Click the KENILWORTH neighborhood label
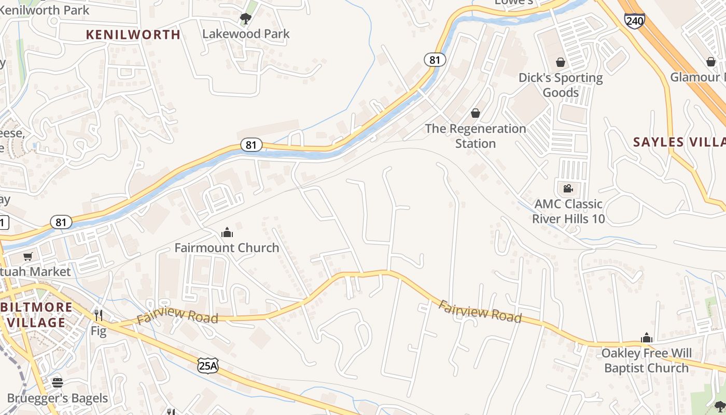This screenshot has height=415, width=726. (x=133, y=35)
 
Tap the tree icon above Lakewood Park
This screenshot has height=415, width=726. (x=246, y=19)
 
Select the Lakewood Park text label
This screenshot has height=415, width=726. (x=246, y=34)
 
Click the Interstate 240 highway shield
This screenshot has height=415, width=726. (x=635, y=21)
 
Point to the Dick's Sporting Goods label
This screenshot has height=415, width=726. (x=561, y=85)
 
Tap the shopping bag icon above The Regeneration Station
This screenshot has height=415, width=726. (x=475, y=113)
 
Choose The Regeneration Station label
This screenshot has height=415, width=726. (x=476, y=136)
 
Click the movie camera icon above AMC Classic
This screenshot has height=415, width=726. (x=568, y=188)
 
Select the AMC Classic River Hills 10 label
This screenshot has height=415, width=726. (x=568, y=211)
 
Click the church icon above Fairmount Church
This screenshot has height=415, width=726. (x=227, y=232)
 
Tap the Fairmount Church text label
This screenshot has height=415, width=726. (x=227, y=248)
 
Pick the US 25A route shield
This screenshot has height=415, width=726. (x=207, y=365)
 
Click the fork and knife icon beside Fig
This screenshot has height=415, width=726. (x=98, y=315)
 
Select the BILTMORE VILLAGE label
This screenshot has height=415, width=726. (x=36, y=314)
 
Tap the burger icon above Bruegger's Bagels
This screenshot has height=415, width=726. (x=58, y=383)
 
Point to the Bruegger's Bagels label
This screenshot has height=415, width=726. (x=58, y=398)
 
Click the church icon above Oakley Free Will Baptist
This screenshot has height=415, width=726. (x=646, y=338)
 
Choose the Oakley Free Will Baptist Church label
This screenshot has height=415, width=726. (x=646, y=361)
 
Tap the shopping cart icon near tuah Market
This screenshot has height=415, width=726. (x=27, y=256)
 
